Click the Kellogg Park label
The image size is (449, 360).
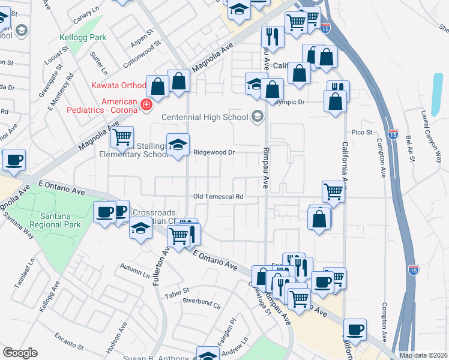point(82,37)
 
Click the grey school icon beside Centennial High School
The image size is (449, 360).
point(258,116)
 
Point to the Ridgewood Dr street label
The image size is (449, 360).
point(213,152)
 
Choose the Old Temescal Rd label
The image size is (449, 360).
point(218,196)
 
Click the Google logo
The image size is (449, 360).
point(20,353)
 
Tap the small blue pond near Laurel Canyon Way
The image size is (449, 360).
point(437,88)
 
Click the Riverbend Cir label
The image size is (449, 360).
point(202,302)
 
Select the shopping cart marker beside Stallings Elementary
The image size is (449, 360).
point(122,137)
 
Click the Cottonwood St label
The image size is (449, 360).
point(142,55)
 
